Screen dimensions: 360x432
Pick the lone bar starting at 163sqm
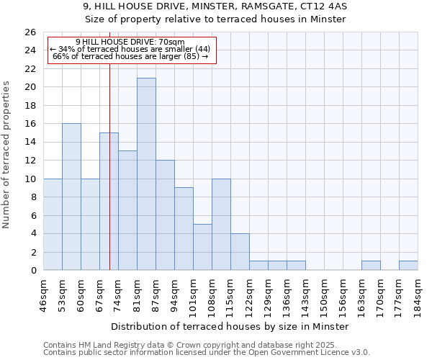point(371,266)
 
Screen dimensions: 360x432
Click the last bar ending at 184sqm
point(408,266)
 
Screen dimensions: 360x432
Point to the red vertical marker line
point(109,180)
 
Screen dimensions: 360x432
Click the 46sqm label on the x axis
point(44,296)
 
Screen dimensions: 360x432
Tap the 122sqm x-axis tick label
point(250,296)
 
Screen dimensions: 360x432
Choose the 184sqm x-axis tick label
point(418,296)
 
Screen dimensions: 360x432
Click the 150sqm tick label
point(325,296)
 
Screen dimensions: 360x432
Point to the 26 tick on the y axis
point(30,32)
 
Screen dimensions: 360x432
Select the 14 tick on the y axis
point(30,143)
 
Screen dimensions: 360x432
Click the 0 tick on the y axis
point(32,271)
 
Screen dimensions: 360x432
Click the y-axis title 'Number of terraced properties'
point(8,154)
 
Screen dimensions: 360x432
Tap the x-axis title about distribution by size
point(230,326)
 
